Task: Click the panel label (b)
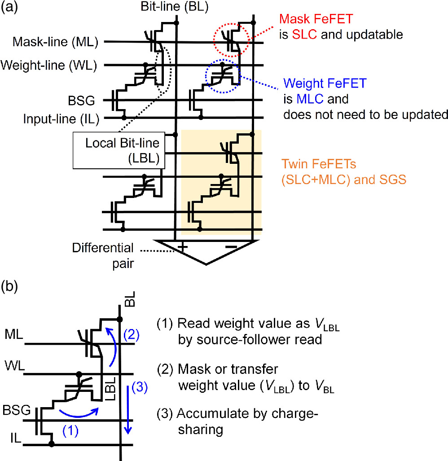[x=9, y=287]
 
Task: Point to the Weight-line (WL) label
[x=50, y=66]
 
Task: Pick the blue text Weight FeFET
[x=321, y=84]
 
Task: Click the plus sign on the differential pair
[x=183, y=247]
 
